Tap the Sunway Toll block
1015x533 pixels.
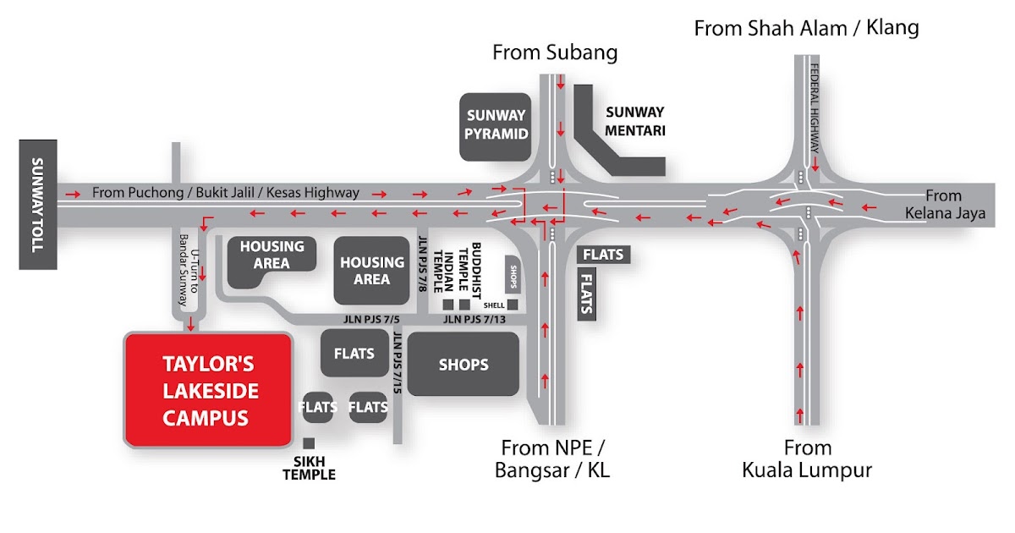38,205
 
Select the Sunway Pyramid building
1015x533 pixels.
495,124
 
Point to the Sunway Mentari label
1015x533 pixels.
635,121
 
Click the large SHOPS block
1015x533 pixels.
464,365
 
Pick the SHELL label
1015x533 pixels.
494,305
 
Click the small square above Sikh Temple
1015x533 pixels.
309,443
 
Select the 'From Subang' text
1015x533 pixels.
555,52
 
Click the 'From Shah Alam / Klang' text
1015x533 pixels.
806,28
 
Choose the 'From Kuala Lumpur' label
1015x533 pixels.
807,459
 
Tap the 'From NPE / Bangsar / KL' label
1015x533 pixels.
554,459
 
